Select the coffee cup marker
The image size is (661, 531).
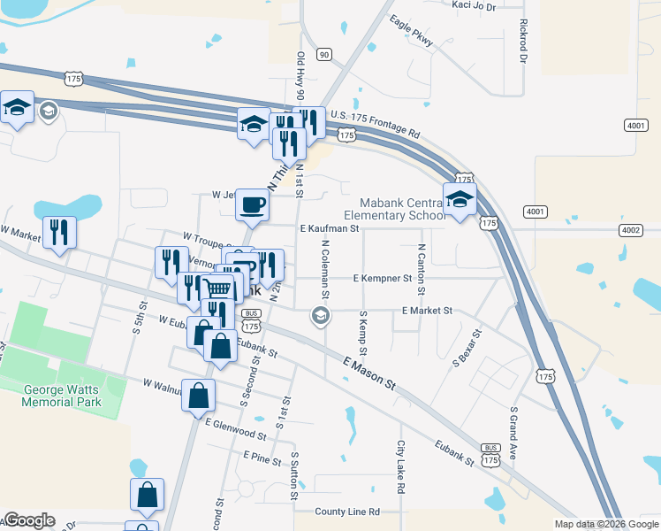point(253,204)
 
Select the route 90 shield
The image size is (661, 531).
point(324,55)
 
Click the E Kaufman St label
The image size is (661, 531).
point(329,228)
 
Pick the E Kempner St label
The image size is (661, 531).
point(383,278)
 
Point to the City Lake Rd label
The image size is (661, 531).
point(400,466)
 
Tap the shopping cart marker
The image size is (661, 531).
point(218,289)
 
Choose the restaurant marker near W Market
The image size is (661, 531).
point(59,232)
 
